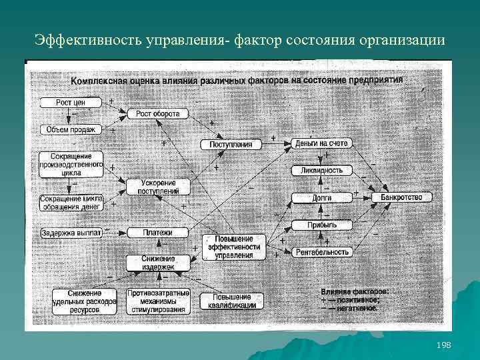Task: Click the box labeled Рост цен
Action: pyautogui.click(x=70, y=103)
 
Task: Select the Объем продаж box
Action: pyautogui.click(x=71, y=129)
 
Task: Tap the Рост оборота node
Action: pyautogui.click(x=157, y=114)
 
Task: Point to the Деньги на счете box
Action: pyautogui.click(x=321, y=143)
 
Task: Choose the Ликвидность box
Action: pyautogui.click(x=321, y=170)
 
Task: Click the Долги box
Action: pyautogui.click(x=321, y=198)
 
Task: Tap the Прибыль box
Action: pyautogui.click(x=321, y=225)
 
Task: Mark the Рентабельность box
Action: pyautogui.click(x=321, y=251)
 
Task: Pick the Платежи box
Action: pyautogui.click(x=158, y=233)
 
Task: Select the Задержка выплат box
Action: pyautogui.click(x=70, y=233)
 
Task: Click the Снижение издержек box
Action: pyautogui.click(x=158, y=263)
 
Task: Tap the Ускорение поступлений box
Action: pyautogui.click(x=159, y=187)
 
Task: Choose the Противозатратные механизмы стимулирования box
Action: pyautogui.click(x=158, y=301)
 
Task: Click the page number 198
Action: pyautogui.click(x=443, y=345)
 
